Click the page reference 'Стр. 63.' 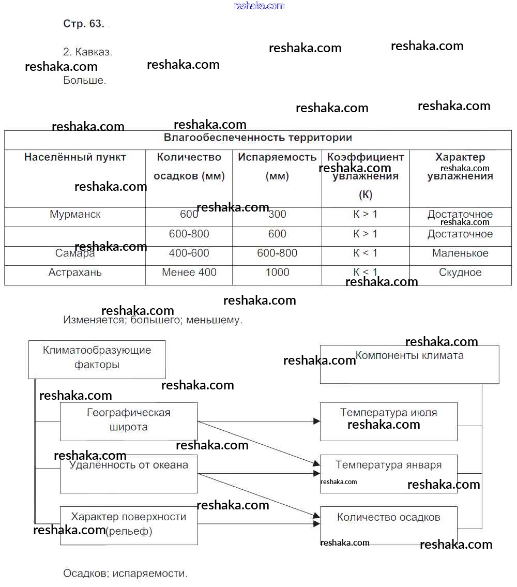[84, 24]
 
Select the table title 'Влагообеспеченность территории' [257, 138]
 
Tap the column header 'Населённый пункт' [75, 157]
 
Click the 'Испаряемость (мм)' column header [277, 166]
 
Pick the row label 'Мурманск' [75, 215]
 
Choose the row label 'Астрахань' [75, 273]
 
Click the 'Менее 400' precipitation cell [189, 273]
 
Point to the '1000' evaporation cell [277, 273]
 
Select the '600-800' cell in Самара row [277, 253]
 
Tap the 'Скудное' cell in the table [460, 273]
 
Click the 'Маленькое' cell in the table [460, 253]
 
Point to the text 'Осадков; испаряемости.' [125, 574]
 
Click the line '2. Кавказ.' [87, 52]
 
